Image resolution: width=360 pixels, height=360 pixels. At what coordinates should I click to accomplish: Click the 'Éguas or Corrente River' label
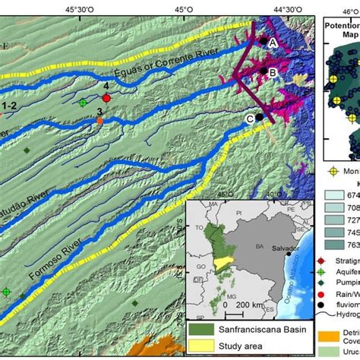click(164, 63)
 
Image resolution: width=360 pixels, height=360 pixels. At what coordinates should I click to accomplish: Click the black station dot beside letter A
click(263, 41)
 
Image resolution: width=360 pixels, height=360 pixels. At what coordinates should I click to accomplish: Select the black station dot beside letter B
click(263, 72)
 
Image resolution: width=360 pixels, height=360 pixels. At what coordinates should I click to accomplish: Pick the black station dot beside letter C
click(259, 118)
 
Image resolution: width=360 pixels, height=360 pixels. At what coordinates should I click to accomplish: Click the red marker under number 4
click(106, 98)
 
